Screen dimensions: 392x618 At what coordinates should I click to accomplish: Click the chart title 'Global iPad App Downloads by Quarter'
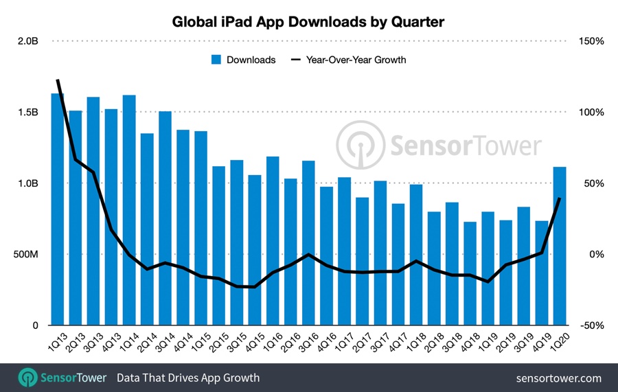pyautogui.click(x=308, y=22)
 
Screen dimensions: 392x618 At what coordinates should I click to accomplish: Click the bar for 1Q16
pyautogui.click(x=273, y=241)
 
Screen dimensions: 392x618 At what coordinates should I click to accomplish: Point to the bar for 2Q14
pyautogui.click(x=147, y=229)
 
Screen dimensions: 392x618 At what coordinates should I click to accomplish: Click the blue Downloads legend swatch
pyautogui.click(x=216, y=60)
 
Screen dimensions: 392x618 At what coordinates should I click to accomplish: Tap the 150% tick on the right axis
pyautogui.click(x=591, y=41)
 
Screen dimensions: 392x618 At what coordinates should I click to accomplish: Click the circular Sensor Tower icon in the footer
pyautogui.click(x=27, y=378)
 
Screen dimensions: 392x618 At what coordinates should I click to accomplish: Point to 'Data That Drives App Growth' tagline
pyautogui.click(x=188, y=378)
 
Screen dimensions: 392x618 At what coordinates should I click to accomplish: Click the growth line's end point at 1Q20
pyautogui.click(x=560, y=198)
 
